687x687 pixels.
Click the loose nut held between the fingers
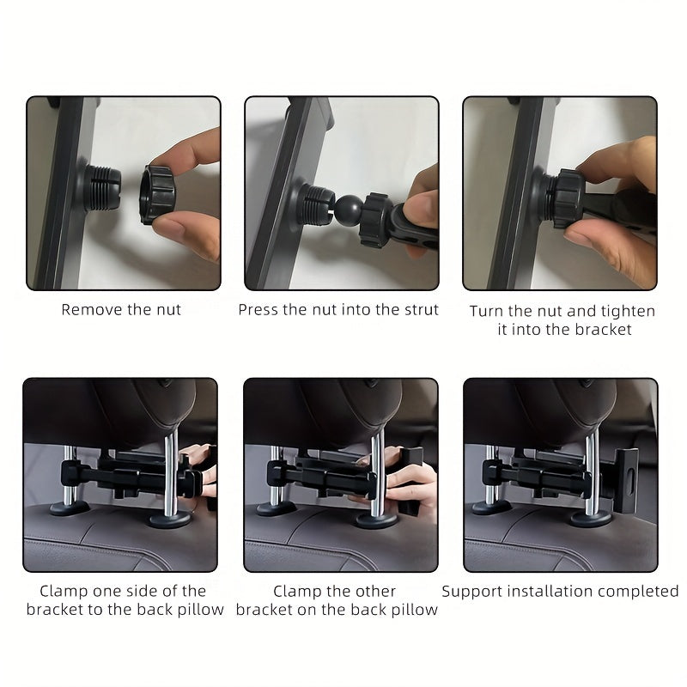click(x=157, y=195)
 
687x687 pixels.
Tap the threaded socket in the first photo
click(x=101, y=187)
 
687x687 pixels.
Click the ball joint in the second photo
click(x=349, y=210)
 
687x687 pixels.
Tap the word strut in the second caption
click(x=421, y=310)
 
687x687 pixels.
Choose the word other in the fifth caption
click(x=375, y=591)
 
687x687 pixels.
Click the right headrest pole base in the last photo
click(x=591, y=519)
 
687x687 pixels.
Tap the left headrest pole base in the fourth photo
click(x=70, y=508)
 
